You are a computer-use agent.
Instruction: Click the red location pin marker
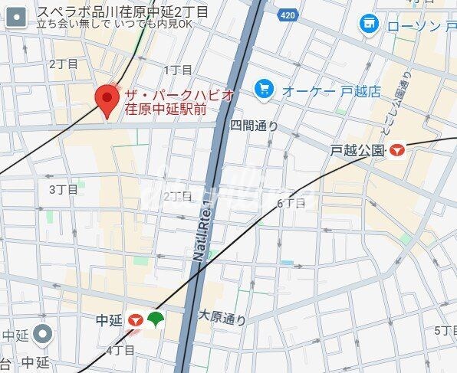pyautogui.click(x=106, y=100)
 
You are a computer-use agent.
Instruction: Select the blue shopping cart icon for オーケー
pyautogui.click(x=265, y=90)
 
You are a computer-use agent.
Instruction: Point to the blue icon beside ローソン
pyautogui.click(x=369, y=25)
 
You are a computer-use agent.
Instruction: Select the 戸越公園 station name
pyautogui.click(x=357, y=151)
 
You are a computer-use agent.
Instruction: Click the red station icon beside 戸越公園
pyautogui.click(x=397, y=151)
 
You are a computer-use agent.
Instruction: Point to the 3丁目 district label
pyautogui.click(x=64, y=189)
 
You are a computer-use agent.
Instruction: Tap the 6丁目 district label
pyautogui.click(x=291, y=203)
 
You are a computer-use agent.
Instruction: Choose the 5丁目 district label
pyautogui.click(x=445, y=330)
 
